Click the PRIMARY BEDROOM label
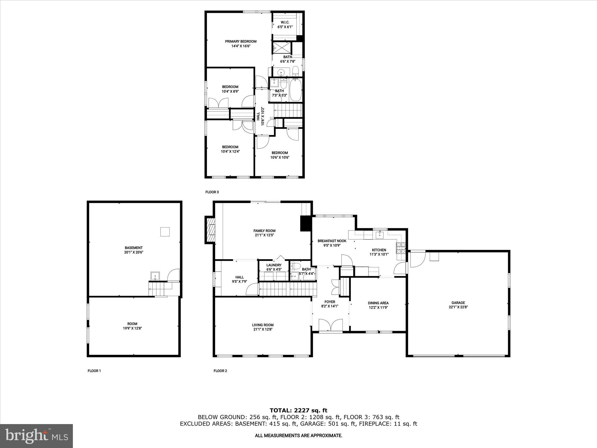[240, 41]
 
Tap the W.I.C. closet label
[285, 22]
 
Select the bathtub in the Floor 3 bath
[296, 90]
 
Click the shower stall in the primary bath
[282, 48]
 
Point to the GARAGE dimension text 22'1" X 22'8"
[458, 307]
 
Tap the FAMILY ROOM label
[264, 231]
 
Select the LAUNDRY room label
[274, 265]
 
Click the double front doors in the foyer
[331, 325]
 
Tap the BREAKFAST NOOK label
[332, 241]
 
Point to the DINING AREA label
[378, 303]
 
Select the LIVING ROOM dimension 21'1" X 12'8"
[263, 329]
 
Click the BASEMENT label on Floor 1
[134, 248]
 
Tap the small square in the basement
[165, 232]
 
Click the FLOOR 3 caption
[212, 192]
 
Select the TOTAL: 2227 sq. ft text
[298, 411]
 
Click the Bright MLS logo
[36, 436]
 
